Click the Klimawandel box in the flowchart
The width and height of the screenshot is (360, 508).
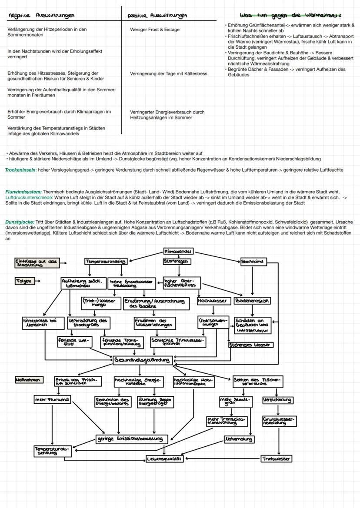tap(179, 251)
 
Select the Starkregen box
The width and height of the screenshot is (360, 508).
tap(177, 262)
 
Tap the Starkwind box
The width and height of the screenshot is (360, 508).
tap(253, 262)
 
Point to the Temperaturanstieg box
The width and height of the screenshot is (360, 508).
tap(106, 262)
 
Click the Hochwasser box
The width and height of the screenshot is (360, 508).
tap(213, 300)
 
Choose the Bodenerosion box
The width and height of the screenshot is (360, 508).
tap(252, 300)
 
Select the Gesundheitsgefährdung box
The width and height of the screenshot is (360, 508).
tap(142, 360)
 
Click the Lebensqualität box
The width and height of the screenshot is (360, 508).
tap(164, 458)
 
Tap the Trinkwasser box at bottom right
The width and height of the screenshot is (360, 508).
tap(277, 458)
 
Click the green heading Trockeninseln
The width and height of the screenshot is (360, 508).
tap(20, 170)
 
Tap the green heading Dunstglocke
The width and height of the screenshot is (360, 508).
tap(20, 222)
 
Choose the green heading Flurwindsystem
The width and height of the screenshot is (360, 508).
tap(23, 192)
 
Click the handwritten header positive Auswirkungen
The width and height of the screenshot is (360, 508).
tap(157, 16)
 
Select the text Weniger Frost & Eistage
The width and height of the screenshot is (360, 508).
tap(154, 30)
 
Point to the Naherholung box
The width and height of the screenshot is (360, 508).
tap(239, 439)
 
